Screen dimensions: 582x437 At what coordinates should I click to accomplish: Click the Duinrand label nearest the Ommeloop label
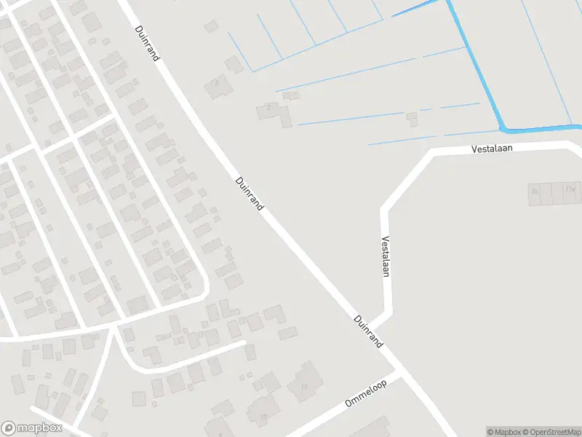coord(369,331)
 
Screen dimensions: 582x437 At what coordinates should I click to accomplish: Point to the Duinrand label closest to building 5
coord(147,44)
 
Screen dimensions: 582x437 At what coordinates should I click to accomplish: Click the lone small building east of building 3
coord(412,117)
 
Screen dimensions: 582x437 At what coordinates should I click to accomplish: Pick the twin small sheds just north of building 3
coord(290,95)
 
